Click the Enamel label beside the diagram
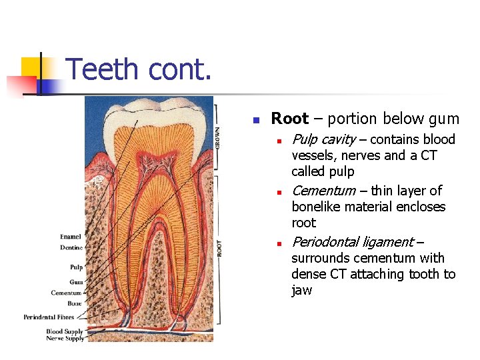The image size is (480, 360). [71, 237]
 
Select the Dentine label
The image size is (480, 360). [71, 247]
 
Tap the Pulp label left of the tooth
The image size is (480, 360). [77, 267]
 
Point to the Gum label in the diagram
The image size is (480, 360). [77, 282]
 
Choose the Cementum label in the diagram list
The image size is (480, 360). [67, 293]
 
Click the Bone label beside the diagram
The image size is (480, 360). [75, 303]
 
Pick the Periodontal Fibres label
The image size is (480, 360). [53, 317]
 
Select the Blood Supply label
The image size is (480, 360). [65, 331]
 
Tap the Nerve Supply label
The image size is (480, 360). [65, 339]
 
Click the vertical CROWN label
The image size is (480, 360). [218, 136]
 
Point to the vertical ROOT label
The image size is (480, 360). [219, 248]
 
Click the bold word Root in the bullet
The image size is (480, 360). [289, 119]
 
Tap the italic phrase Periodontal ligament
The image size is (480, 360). [352, 242]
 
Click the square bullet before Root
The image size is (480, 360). [255, 121]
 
